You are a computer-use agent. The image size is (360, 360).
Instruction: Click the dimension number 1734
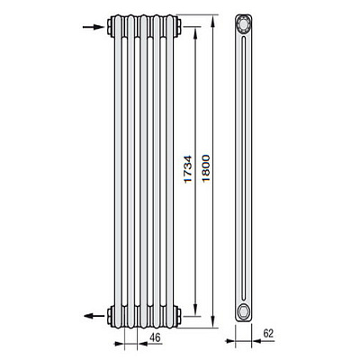[187, 169]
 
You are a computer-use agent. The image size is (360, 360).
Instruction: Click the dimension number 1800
[206, 168]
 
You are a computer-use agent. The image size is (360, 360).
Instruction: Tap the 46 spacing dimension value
[155, 337]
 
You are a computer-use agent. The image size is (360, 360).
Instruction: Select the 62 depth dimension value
[268, 334]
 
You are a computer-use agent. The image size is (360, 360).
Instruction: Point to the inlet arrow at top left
[94, 27]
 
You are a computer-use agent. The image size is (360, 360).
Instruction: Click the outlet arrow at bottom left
[94, 316]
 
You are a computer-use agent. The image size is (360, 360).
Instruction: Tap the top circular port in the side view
[243, 23]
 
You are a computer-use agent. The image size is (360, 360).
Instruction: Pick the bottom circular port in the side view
[243, 311]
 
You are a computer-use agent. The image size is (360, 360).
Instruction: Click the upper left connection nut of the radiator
[110, 26]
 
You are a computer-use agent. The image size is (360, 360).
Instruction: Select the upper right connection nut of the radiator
[179, 26]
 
